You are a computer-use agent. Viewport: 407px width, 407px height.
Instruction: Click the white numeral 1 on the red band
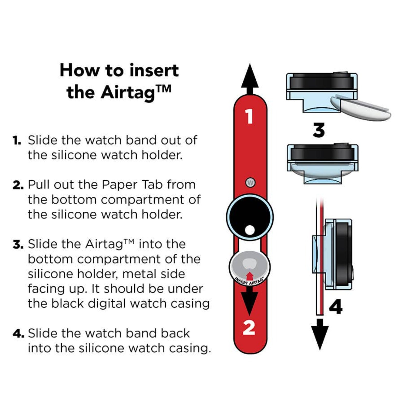pos(250,117)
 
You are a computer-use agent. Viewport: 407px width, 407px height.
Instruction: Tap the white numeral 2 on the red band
pos(249,328)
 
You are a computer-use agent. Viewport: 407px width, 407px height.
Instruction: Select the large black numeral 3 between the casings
pos(318,130)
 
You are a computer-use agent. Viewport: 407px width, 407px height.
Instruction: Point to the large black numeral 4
pos(336,307)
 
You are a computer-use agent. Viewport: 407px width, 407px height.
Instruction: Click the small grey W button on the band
pos(251,182)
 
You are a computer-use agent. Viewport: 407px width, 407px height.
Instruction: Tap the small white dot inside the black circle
pos(250,230)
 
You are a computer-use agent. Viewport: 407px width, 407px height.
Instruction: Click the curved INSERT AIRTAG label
pos(249,282)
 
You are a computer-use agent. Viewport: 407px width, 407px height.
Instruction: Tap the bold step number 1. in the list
pos(17,140)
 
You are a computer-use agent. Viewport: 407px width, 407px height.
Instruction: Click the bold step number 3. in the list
pos(18,244)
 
